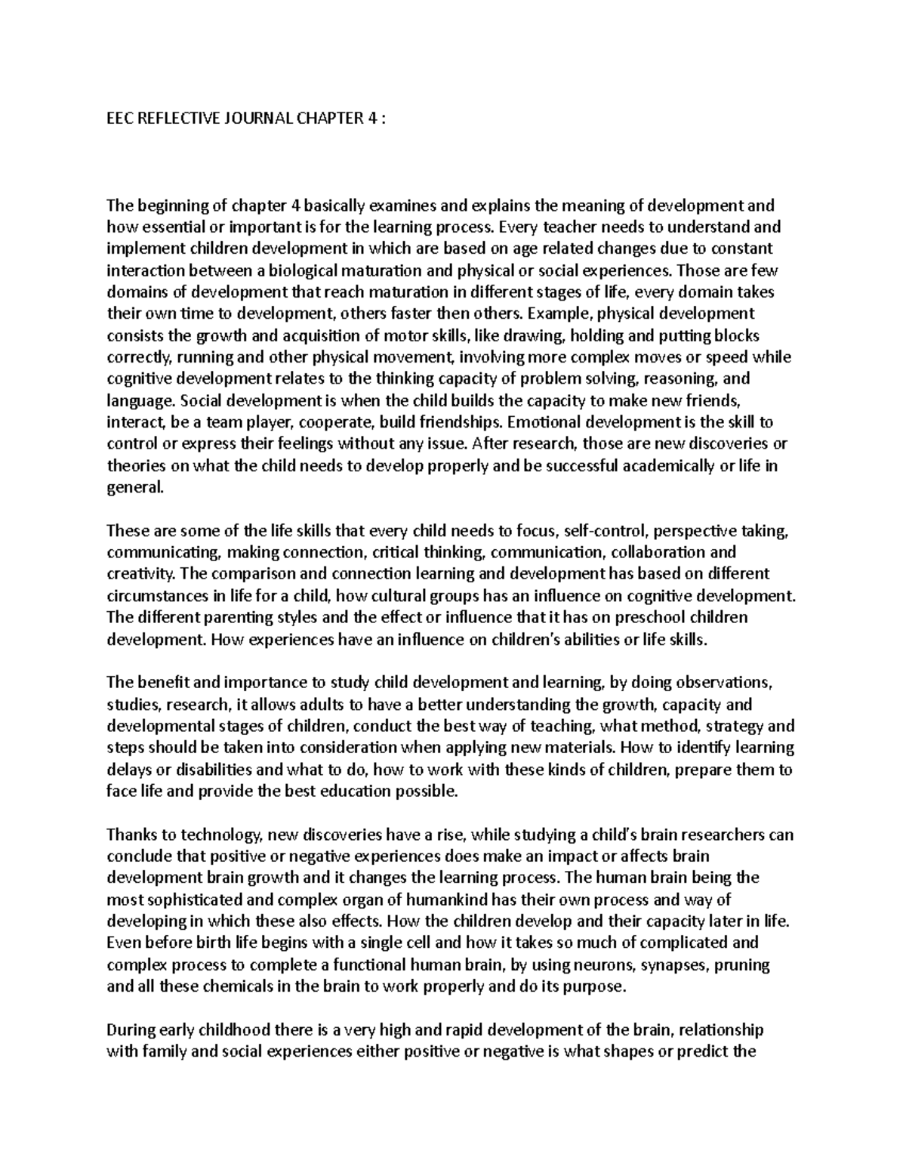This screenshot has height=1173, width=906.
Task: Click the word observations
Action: click(714, 683)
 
